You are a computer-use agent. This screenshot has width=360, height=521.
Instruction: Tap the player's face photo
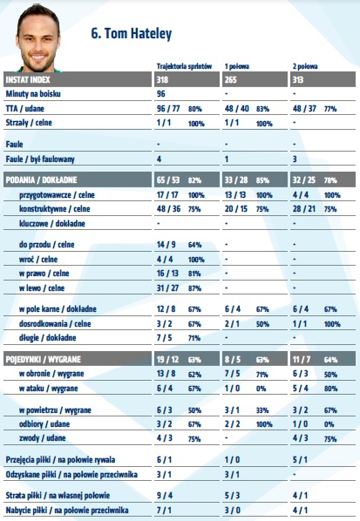(x=37, y=40)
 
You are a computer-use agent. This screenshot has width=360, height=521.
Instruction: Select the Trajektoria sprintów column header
(x=184, y=66)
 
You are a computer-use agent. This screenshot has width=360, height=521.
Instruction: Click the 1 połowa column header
(x=237, y=66)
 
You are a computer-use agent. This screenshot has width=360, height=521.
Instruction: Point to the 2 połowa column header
(x=305, y=66)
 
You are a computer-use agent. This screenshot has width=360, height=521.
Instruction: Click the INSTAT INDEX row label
(x=28, y=80)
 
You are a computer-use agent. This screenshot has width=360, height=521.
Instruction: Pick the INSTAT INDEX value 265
(x=230, y=80)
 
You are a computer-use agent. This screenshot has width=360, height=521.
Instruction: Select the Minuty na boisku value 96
(x=161, y=94)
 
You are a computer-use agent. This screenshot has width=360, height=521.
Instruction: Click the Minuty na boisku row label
(x=33, y=94)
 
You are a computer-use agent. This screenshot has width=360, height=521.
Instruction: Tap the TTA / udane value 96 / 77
(x=168, y=109)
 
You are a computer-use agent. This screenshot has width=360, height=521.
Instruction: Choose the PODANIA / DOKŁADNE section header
(x=41, y=180)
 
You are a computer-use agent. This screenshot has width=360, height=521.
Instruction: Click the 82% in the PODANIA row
(x=194, y=180)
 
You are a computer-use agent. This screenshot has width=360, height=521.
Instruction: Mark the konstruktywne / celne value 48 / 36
(x=168, y=209)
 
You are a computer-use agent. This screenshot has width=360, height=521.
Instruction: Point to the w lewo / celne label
(x=42, y=288)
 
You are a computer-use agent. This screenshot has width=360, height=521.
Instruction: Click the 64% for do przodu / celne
(x=194, y=245)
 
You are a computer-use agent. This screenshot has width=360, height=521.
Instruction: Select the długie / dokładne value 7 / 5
(x=164, y=338)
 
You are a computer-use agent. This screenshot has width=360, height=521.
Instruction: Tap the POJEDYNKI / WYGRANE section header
(x=44, y=360)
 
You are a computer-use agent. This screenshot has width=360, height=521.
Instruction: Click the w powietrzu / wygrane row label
(x=55, y=410)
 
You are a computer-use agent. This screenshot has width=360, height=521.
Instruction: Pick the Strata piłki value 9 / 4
(x=165, y=496)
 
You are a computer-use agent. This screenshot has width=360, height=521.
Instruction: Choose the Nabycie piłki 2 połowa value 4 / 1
(x=300, y=511)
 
